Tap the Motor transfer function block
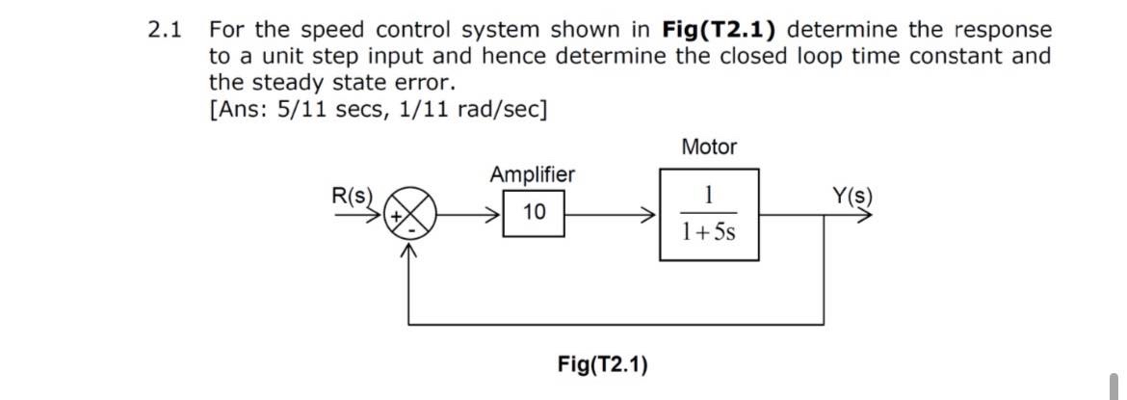tap(709, 214)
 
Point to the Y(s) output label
tap(852, 196)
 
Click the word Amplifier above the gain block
tap(532, 174)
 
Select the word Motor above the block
tap(708, 147)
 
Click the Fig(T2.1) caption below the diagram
tap(602, 364)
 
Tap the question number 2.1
tap(166, 30)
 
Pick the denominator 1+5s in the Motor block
tap(709, 231)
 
